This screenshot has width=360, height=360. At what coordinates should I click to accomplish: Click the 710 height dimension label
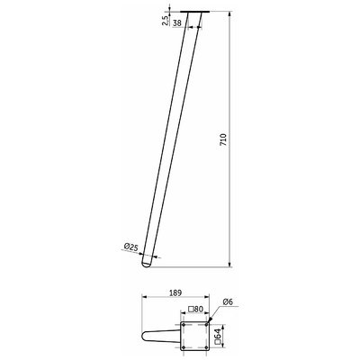tap(223, 139)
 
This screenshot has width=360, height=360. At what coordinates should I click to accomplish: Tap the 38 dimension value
tap(177, 22)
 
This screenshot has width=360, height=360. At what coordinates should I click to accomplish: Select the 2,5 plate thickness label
tap(165, 21)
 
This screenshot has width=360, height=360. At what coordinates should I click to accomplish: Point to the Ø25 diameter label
tap(130, 247)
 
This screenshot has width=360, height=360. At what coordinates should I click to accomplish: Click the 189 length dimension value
tap(175, 292)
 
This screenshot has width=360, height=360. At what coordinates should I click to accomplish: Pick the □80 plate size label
tap(195, 310)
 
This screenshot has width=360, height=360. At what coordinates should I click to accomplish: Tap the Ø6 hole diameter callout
tap(228, 302)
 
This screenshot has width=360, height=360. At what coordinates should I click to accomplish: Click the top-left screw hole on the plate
tap(184, 325)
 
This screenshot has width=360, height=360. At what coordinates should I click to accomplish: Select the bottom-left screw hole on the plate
tap(184, 347)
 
